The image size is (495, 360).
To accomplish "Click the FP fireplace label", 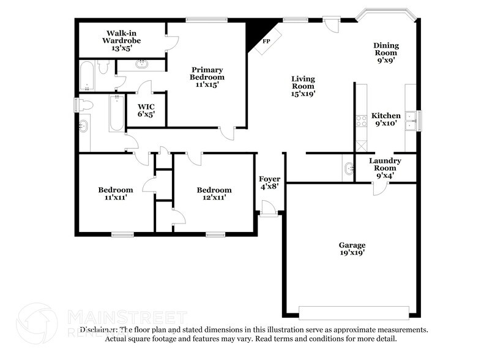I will [x=266, y=42].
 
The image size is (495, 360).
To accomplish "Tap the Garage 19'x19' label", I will [x=352, y=248].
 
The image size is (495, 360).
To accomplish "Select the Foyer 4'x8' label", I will [x=269, y=182].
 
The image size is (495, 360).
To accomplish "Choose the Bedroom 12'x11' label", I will [x=214, y=194].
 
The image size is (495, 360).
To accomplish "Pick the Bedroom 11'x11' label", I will [x=116, y=194].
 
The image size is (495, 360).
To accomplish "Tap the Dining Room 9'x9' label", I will [x=386, y=53].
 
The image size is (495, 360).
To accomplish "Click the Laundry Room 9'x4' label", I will [x=385, y=168].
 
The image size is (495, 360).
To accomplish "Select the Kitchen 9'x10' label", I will [x=386, y=119].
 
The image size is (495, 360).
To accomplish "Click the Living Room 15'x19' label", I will [x=303, y=86].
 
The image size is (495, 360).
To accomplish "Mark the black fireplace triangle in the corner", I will [x=252, y=34].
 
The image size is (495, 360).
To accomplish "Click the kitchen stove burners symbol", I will [x=361, y=121].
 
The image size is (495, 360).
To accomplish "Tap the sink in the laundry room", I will [x=348, y=167].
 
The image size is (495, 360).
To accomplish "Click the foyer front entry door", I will [x=268, y=212].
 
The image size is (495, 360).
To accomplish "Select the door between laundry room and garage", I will [x=380, y=189].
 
